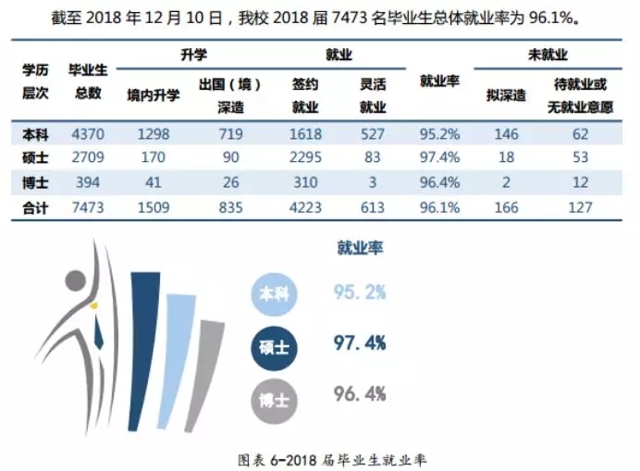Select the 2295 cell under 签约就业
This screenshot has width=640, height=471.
click(x=305, y=157)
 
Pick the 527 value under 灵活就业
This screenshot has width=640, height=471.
click(x=374, y=134)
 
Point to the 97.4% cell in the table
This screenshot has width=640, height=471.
click(x=439, y=157)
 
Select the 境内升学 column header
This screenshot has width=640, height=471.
click(x=154, y=95)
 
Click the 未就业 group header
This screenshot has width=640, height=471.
click(x=547, y=55)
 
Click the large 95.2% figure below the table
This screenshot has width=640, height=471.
click(x=360, y=294)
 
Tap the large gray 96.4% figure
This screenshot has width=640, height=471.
click(x=360, y=395)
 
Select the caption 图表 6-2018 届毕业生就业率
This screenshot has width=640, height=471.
click(x=320, y=456)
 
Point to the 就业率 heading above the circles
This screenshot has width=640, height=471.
click(x=360, y=248)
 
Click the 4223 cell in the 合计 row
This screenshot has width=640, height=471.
click(x=305, y=207)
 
